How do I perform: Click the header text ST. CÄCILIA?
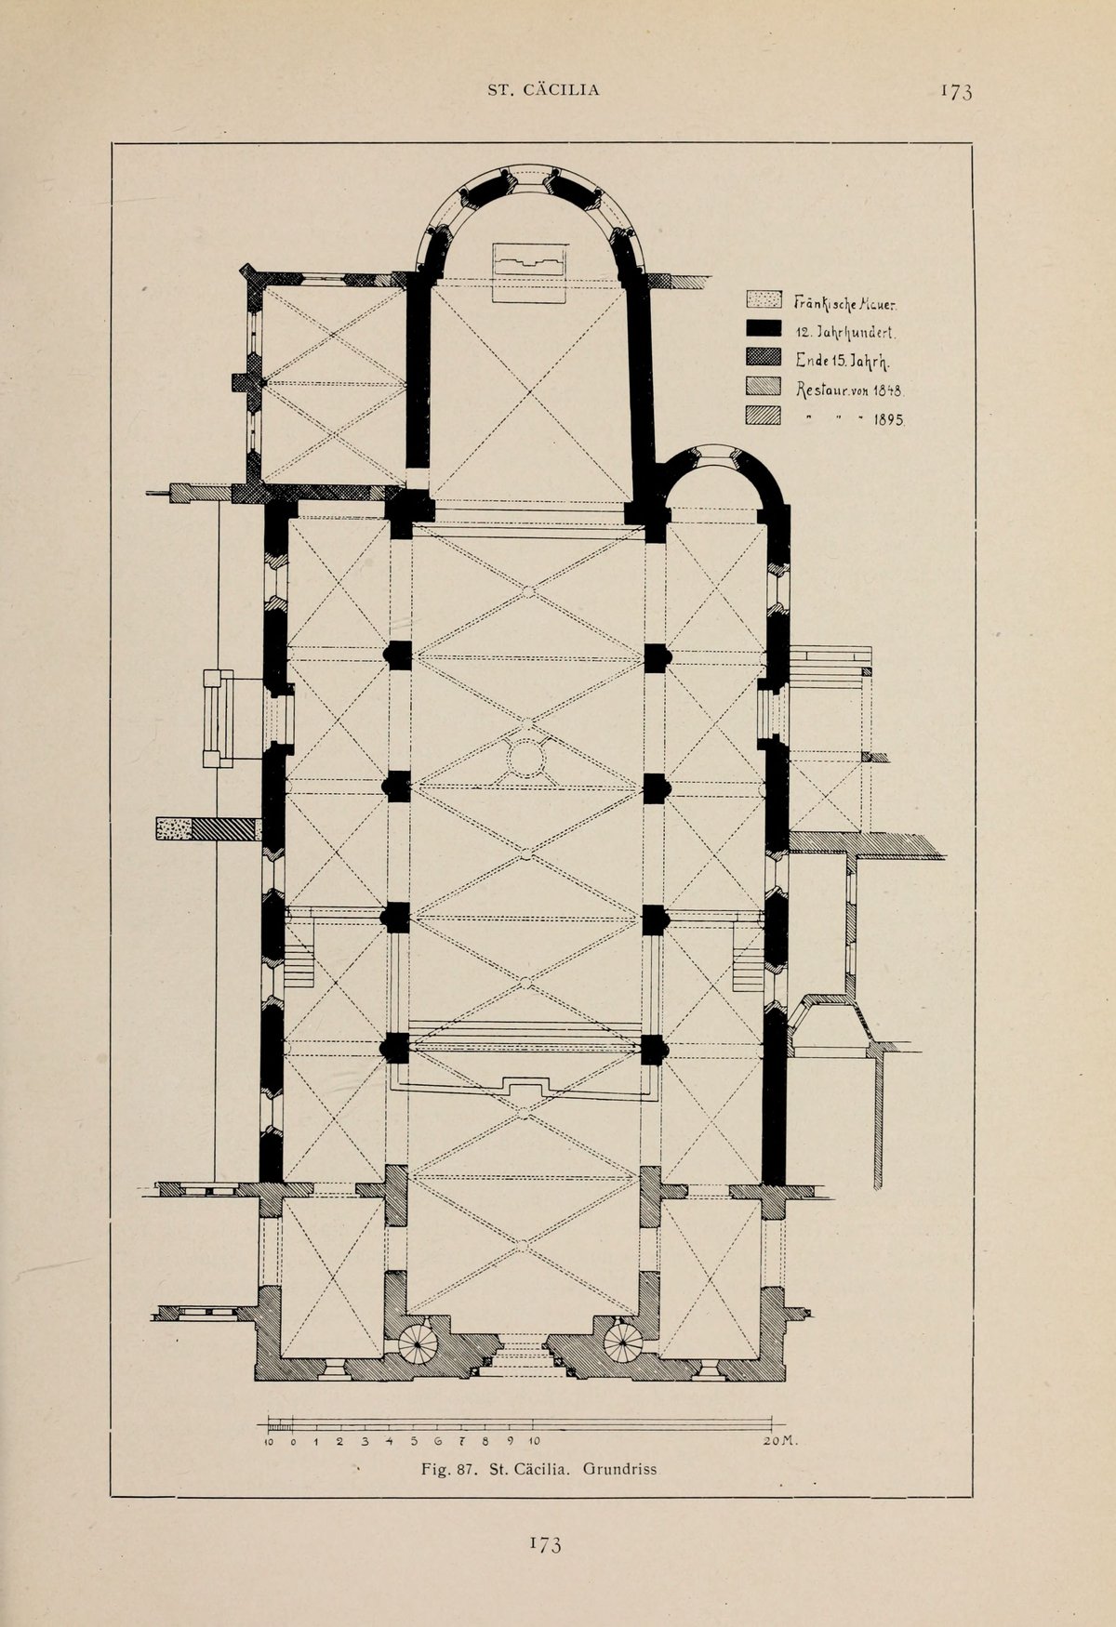click(x=544, y=90)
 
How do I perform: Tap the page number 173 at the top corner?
click(x=955, y=91)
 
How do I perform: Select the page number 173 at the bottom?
click(x=546, y=1544)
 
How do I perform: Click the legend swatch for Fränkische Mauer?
click(x=763, y=299)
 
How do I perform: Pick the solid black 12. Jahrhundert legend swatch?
click(x=763, y=328)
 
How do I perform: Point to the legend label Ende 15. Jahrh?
click(x=844, y=361)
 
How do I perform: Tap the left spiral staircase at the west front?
click(x=418, y=1343)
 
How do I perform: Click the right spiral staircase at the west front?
click(x=622, y=1343)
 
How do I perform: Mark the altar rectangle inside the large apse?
click(x=529, y=272)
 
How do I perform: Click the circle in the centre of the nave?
click(x=525, y=758)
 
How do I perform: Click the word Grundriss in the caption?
click(x=619, y=1470)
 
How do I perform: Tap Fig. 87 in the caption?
click(x=449, y=1470)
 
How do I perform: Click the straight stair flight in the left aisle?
click(x=299, y=964)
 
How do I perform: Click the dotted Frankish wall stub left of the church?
click(x=173, y=828)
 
